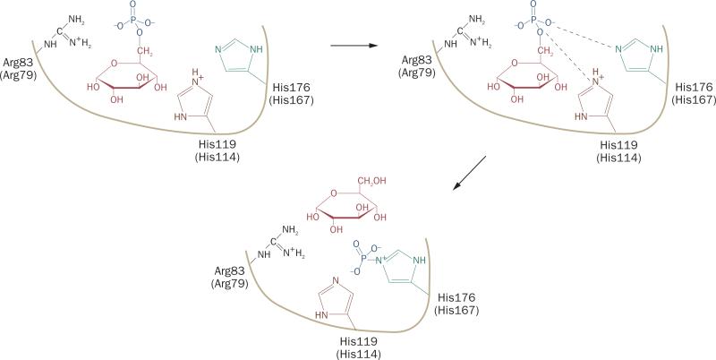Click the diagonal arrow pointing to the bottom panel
(469, 172)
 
